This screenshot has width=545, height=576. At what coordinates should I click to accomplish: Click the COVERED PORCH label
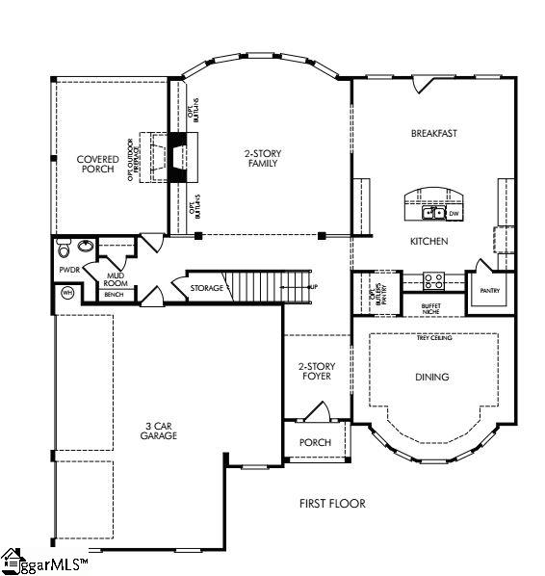[x=98, y=164]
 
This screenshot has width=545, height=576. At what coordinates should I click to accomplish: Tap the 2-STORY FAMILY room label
[x=260, y=158]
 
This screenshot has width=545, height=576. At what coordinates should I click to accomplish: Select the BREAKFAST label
[x=432, y=133]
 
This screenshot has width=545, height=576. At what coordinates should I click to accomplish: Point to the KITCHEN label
[x=428, y=241]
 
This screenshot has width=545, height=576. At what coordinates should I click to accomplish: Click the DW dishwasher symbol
[x=454, y=212]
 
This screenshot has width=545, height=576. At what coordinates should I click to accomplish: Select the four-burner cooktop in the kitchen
[x=433, y=281]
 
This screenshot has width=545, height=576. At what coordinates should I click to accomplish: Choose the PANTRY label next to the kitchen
[x=483, y=287]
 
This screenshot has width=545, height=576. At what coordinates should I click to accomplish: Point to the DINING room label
[x=432, y=377]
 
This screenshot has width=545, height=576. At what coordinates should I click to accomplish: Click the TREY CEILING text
[x=434, y=338]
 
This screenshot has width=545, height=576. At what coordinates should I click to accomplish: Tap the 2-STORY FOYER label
[x=315, y=371]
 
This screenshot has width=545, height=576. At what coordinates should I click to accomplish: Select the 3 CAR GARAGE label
[x=141, y=430]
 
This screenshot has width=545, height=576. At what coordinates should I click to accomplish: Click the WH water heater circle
[x=67, y=294]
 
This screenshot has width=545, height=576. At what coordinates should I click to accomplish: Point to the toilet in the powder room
[x=65, y=250]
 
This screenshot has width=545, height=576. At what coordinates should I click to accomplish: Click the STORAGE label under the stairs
[x=206, y=288]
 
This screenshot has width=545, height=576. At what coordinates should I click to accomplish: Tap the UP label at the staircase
[x=313, y=287]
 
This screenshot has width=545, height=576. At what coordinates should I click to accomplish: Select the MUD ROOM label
[x=117, y=278]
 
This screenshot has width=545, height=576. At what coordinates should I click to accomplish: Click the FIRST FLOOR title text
[x=332, y=503]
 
